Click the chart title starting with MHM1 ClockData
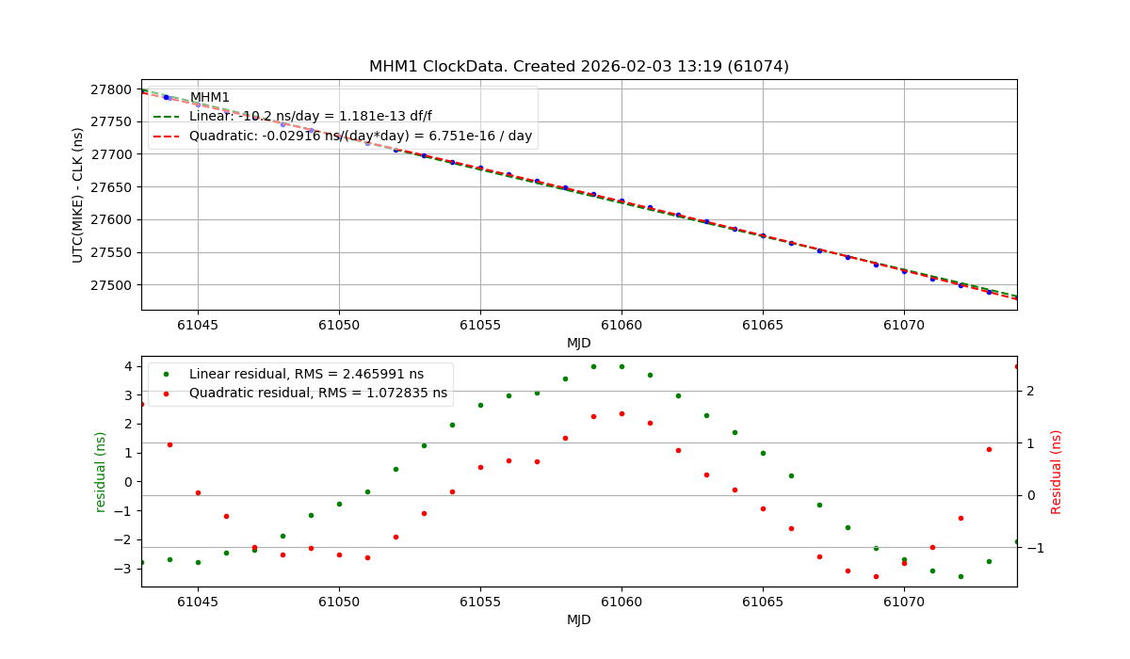tap(578, 66)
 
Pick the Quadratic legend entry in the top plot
tap(360, 137)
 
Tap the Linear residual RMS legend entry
tap(306, 374)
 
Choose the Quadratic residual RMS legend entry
tap(317, 394)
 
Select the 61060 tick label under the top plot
tap(621, 324)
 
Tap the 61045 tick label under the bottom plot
tap(198, 601)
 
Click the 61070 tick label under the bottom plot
tap(904, 601)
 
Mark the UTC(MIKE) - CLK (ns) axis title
tap(78, 194)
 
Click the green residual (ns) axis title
tap(100, 472)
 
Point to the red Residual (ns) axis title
tap(1057, 472)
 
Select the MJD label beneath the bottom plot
tap(578, 619)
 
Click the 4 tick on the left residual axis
tap(127, 366)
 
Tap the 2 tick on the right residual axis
tap(1030, 391)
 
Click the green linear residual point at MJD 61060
tap(621, 366)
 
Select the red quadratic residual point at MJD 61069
tap(876, 576)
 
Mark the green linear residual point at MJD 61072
tap(960, 576)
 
